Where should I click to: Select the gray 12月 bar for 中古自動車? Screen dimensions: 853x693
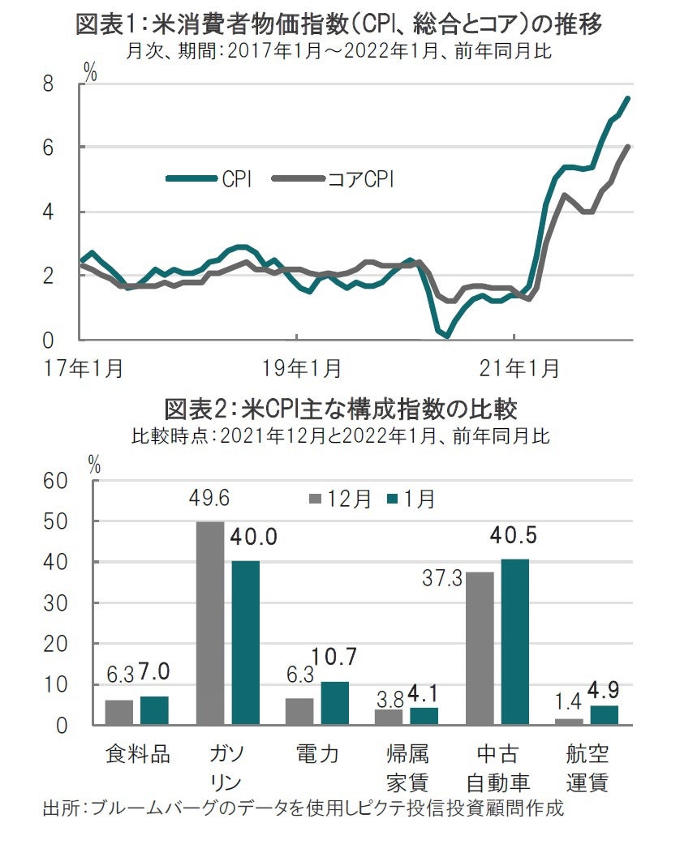480,648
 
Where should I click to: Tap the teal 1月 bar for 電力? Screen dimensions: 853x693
334,703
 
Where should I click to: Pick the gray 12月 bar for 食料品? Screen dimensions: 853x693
119,712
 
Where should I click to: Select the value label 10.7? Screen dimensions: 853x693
335,657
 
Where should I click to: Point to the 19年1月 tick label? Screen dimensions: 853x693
298,368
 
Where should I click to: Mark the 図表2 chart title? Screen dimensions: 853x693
341,407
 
